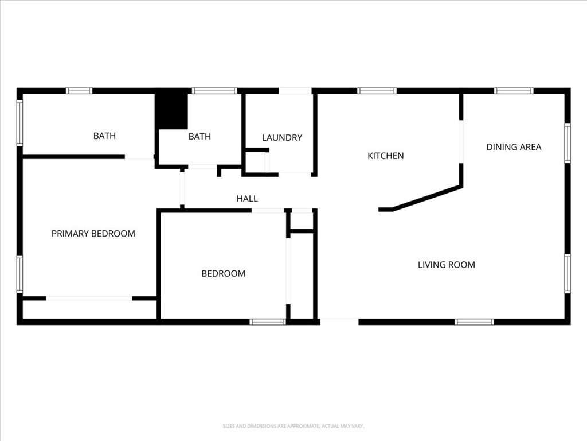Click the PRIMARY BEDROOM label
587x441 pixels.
pos(93,234)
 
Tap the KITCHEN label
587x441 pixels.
pos(385,156)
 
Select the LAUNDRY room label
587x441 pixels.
pos(281,138)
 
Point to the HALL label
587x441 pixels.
pos(247,199)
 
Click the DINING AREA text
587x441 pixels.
pos(514,147)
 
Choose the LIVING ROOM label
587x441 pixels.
pos(446,265)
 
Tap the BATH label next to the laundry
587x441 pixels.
pos(199,137)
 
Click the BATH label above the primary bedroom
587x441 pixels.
pos(104,136)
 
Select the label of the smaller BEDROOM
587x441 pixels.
pos(223,274)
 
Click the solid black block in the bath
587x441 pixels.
pos(172,110)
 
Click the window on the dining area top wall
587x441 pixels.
pos(514,91)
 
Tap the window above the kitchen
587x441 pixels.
pos(377,91)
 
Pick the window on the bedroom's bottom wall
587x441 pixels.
pos(268,322)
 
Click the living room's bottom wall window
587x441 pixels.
pos(474,322)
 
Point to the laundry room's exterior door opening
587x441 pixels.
pos(295,91)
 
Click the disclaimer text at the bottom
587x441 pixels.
pos(293,426)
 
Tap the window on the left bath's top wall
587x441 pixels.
pos(79,91)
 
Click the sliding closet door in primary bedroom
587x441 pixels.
pos(89,299)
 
